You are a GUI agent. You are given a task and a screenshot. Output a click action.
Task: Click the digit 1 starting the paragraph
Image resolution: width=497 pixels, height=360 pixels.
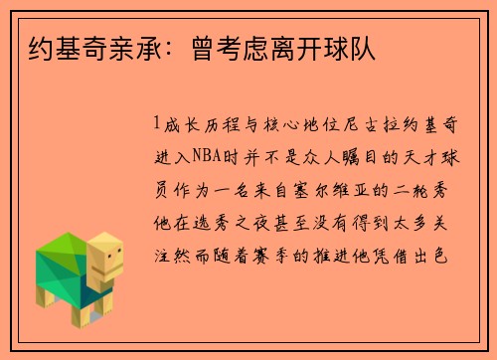pos(158,124)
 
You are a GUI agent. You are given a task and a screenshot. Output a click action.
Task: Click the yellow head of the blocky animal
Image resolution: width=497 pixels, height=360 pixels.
pos(106,256)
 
